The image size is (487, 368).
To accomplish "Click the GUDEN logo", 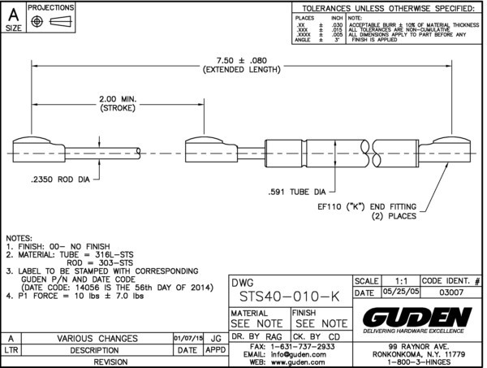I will [x=416, y=315].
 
